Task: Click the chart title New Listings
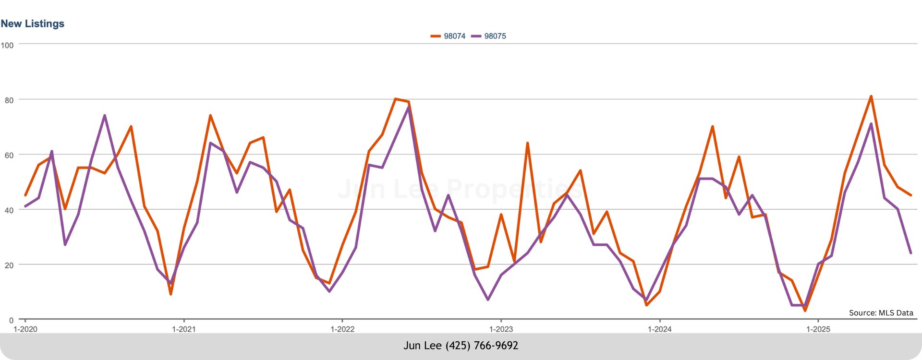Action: coord(32,24)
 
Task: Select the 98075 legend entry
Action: coord(489,36)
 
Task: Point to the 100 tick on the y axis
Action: coord(7,45)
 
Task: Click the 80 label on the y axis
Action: coord(9,100)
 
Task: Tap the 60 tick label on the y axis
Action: coord(9,156)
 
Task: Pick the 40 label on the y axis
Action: coord(9,211)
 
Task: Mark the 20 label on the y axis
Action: coord(9,265)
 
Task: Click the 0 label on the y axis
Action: coord(11,320)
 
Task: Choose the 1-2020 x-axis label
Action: coord(25,329)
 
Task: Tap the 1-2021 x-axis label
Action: coord(183,329)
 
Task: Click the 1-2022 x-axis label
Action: coord(342,329)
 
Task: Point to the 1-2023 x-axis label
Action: coord(501,329)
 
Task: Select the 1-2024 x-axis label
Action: coord(660,329)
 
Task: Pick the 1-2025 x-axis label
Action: coord(818,329)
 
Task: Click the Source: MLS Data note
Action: coord(881,313)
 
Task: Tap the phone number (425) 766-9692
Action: coord(482,346)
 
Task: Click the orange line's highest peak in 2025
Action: coord(871,96)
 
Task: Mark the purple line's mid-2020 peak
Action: coord(104,116)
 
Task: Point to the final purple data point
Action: coord(910,253)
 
